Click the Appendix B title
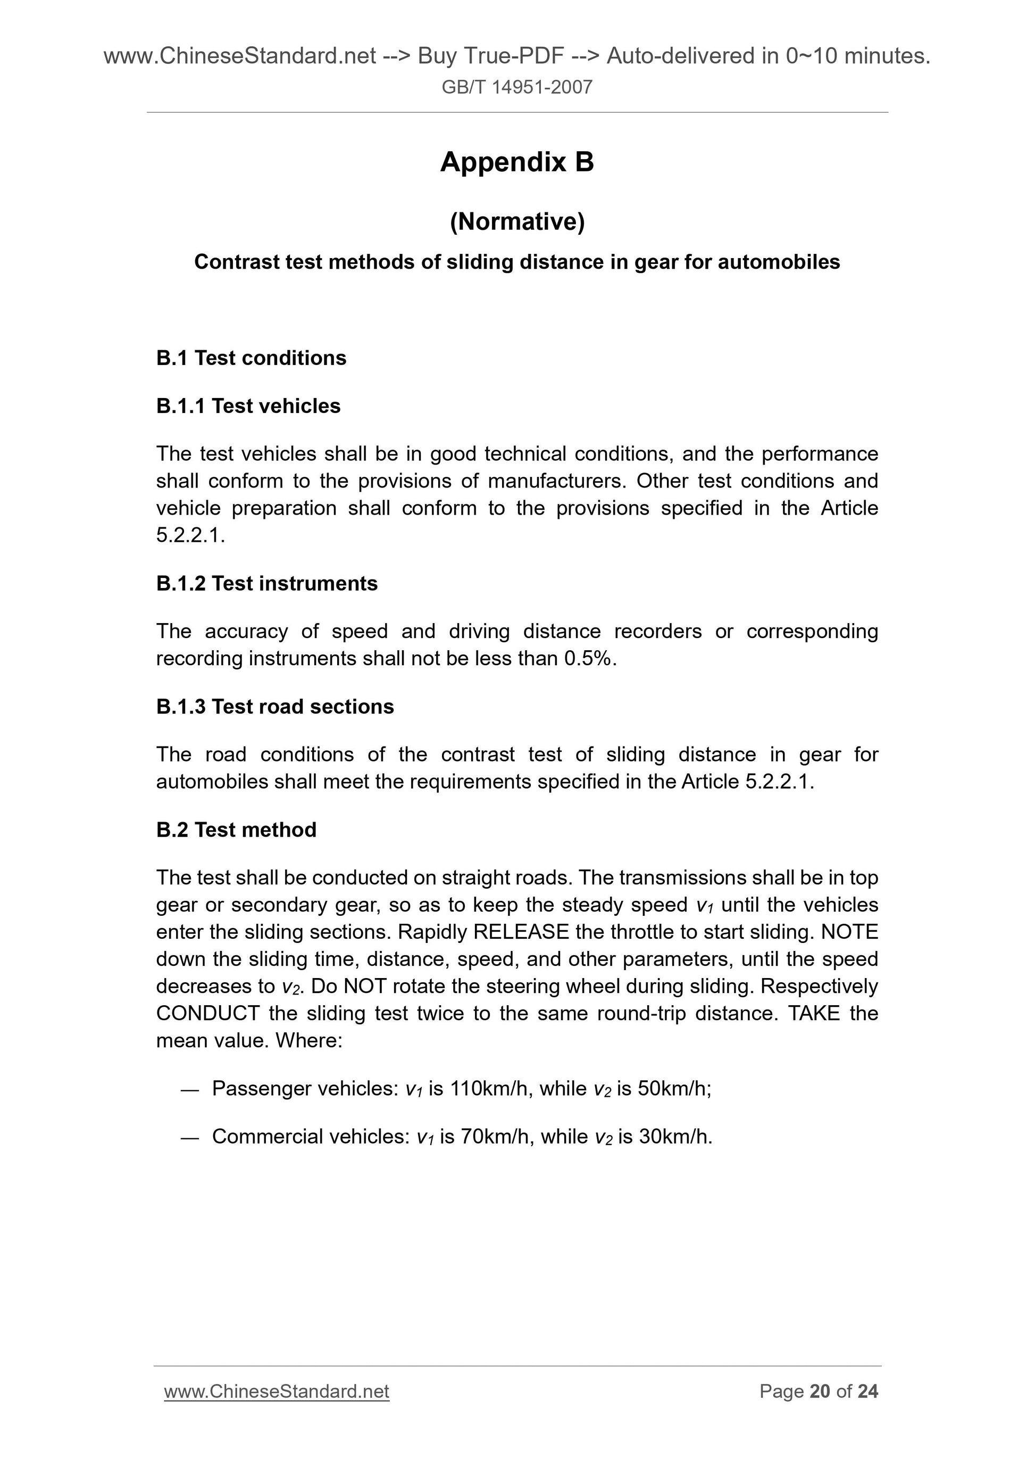516,162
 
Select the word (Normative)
516,221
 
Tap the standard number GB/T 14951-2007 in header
516,87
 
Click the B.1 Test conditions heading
251,358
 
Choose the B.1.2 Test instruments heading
266,583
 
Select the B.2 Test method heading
236,830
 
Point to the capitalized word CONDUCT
207,1013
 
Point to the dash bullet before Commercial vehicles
190,1138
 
